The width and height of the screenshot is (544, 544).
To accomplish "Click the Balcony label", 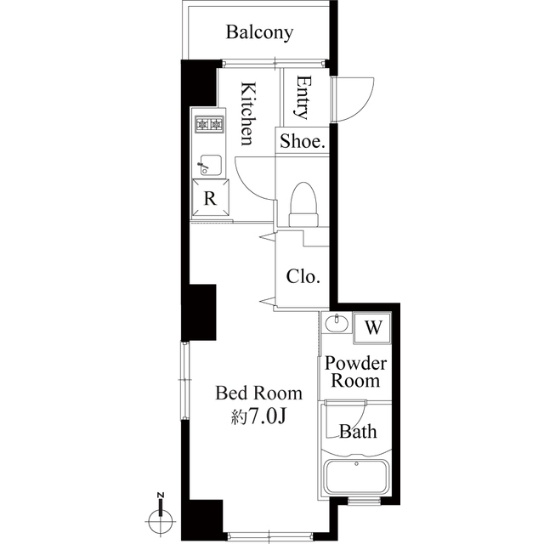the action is [x=259, y=33].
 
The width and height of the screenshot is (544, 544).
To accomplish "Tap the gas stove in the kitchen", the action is [x=209, y=124].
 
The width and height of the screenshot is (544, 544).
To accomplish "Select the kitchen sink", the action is [x=210, y=165].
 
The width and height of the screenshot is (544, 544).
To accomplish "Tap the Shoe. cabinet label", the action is [x=303, y=141].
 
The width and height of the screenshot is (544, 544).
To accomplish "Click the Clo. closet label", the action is [x=303, y=276].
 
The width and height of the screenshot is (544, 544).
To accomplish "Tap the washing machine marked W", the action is [x=372, y=327].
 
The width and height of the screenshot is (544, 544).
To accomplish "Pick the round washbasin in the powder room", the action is [x=337, y=323].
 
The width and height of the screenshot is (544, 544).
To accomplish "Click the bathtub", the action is [x=356, y=476].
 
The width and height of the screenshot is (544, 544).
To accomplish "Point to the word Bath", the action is [x=358, y=432].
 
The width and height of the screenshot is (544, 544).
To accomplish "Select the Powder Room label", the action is [x=355, y=372].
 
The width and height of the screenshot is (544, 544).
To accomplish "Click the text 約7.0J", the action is [x=258, y=417].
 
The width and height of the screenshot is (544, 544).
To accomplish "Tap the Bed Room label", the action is [x=258, y=393].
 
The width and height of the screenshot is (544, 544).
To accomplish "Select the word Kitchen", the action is [x=249, y=113].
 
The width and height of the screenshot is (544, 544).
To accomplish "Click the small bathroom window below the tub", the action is [x=364, y=501].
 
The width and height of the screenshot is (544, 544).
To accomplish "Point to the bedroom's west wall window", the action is [x=185, y=381].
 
